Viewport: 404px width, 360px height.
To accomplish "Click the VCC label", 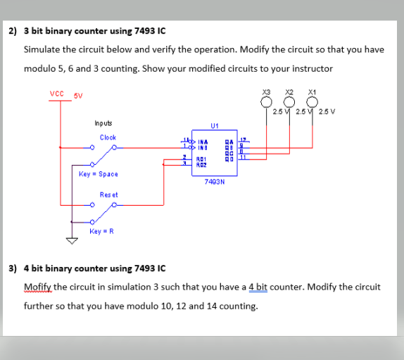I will (57, 94).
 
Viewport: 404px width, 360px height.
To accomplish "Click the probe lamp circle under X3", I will (267, 101).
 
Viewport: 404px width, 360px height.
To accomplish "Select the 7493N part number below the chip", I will (214, 181).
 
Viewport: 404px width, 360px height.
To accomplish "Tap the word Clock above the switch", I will (108, 137).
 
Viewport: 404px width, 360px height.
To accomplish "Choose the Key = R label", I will (101, 231).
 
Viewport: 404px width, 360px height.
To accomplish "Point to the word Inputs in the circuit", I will (103, 123).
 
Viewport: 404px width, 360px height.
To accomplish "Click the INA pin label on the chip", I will (203, 142).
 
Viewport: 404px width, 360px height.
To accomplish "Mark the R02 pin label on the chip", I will (203, 164).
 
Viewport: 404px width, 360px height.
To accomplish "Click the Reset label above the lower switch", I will (108, 194).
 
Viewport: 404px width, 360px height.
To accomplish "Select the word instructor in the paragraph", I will (310, 68).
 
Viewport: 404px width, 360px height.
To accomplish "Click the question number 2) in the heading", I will (13, 31).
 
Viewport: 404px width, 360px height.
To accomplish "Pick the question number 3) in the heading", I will (13, 268).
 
